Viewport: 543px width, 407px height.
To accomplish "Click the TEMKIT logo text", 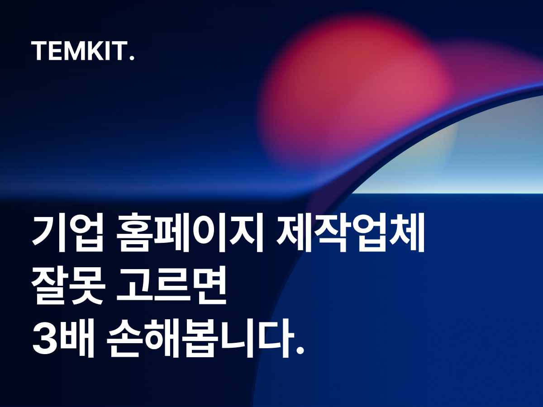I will (x=83, y=52).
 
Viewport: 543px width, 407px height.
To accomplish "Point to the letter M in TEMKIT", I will (x=74, y=52).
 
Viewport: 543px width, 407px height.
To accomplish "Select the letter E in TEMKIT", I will (x=56, y=52).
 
